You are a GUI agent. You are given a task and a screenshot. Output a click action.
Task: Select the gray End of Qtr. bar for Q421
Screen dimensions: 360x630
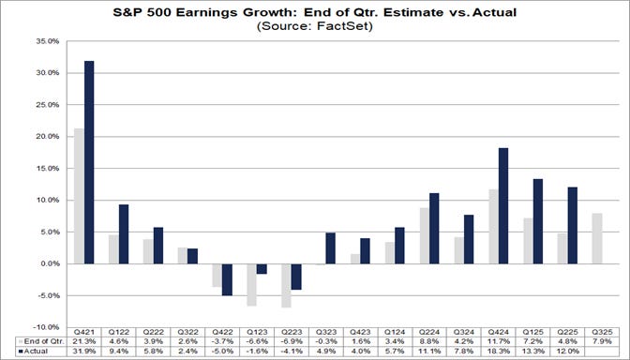tap(79, 196)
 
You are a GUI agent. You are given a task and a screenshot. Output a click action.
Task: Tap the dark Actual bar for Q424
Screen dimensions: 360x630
tap(502, 205)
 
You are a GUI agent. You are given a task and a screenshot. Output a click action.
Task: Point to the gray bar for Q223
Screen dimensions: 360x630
tap(285, 285)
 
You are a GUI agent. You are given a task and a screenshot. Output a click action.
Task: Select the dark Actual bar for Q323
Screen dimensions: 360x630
tap(330, 247)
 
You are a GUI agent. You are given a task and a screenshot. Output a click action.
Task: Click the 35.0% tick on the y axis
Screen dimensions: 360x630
tap(46, 41)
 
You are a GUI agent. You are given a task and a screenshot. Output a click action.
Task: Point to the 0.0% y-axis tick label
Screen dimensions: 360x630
tap(48, 263)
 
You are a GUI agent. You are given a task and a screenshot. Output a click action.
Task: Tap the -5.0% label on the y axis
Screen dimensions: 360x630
tap(47, 295)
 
